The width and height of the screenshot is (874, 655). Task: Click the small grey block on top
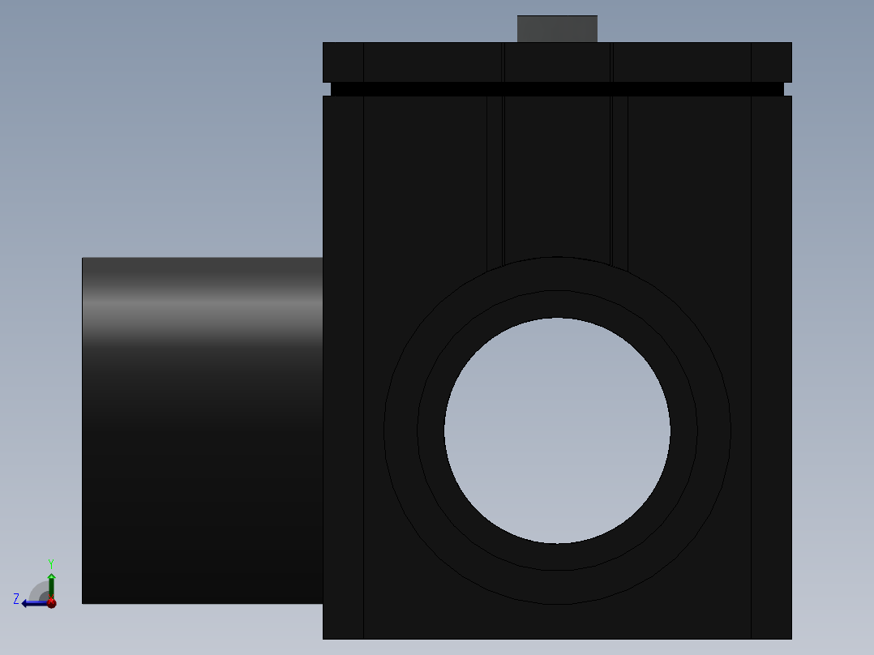tap(557, 28)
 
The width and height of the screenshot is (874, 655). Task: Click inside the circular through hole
tap(557, 430)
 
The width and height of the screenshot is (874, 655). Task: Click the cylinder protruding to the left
tap(203, 454)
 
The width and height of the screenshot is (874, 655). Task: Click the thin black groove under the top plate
tap(557, 89)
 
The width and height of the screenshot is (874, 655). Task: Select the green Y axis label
tap(50, 563)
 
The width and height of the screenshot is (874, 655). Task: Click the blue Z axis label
tap(16, 599)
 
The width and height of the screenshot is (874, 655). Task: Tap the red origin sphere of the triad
tap(51, 602)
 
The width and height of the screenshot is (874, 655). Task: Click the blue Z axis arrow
tap(32, 602)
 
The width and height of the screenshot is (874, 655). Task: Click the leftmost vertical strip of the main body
tap(343, 365)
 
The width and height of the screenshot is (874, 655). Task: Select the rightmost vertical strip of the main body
tap(771, 365)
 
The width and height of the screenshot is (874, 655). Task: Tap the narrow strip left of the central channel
tap(495, 178)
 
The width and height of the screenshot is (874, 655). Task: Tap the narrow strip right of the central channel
tap(619, 178)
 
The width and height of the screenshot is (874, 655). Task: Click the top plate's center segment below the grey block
tap(557, 62)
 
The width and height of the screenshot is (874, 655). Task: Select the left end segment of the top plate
tap(343, 62)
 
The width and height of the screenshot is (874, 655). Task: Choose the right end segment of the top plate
tap(771, 62)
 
